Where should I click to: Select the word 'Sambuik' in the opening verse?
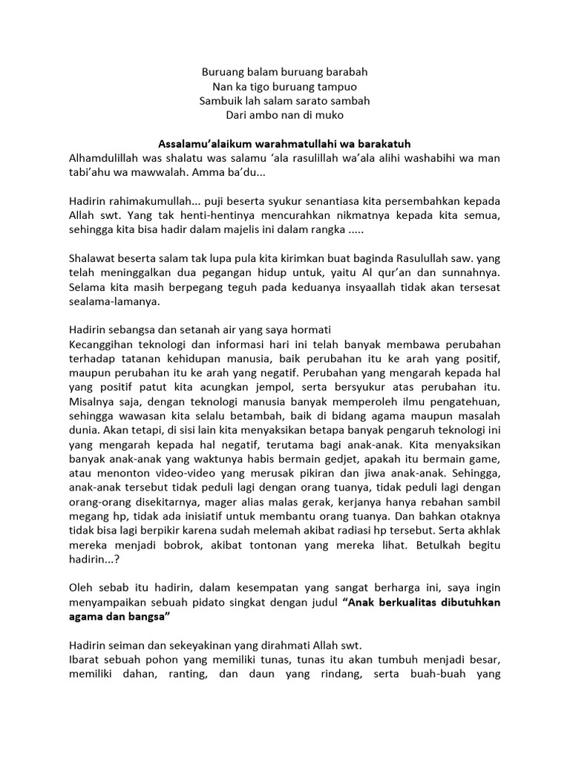pyautogui.click(x=220, y=101)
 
